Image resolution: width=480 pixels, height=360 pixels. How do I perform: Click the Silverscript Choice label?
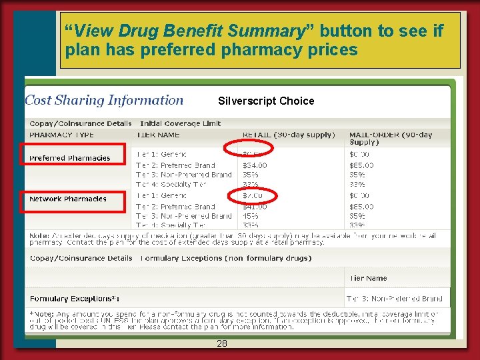266,101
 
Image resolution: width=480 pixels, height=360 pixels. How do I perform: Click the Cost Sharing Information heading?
104,101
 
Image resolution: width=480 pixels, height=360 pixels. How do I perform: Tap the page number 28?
222,343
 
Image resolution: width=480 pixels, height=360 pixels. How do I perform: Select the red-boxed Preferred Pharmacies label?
70,158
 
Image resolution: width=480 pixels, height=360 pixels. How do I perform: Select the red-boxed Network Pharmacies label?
68,199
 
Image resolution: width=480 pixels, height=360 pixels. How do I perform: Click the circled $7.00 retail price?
253,196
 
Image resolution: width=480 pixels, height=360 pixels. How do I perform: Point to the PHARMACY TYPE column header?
61,135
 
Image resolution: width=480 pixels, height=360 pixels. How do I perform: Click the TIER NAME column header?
158,135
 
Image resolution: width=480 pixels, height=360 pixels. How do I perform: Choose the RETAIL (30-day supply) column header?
289,135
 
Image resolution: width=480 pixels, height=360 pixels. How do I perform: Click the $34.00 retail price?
255,165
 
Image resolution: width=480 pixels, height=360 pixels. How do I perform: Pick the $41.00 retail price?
255,207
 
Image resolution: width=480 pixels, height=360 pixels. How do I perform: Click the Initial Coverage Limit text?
180,123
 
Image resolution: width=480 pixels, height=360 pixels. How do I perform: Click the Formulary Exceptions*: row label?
75,299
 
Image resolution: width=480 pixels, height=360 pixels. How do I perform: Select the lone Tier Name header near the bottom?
368,278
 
